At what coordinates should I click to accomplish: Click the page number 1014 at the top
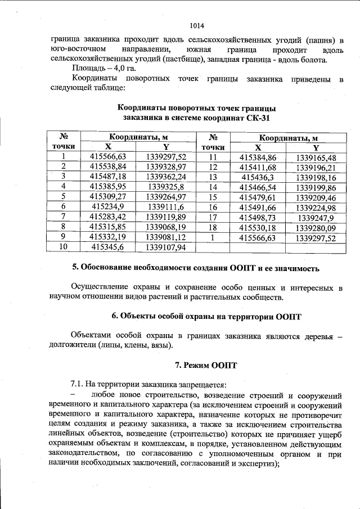(x=196, y=26)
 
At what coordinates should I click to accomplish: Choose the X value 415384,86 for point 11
(x=258, y=157)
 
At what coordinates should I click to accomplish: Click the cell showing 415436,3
(x=258, y=177)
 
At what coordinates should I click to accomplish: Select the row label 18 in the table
(x=213, y=227)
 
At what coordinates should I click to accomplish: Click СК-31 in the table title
(x=255, y=118)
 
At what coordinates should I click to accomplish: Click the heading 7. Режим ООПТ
(x=196, y=365)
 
